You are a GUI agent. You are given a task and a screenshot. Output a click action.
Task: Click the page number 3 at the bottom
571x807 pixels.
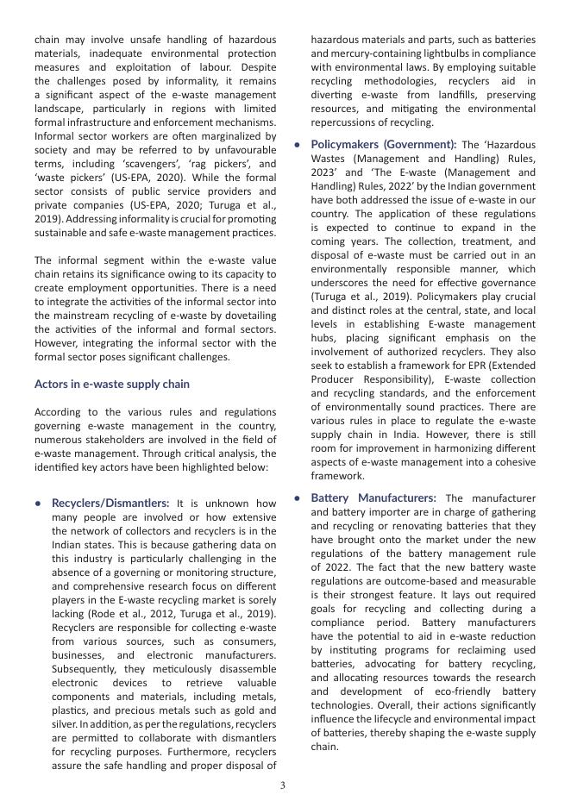283,785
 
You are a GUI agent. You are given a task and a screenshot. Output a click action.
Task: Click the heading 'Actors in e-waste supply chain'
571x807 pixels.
112,384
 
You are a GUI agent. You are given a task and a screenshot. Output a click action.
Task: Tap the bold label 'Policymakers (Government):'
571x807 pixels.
384,144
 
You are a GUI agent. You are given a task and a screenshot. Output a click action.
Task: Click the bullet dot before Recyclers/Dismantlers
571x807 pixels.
39,504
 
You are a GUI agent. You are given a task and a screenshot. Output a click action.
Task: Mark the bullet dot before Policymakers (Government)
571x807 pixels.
298,145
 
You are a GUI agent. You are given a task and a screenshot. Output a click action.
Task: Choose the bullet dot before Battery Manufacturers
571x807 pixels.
298,498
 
